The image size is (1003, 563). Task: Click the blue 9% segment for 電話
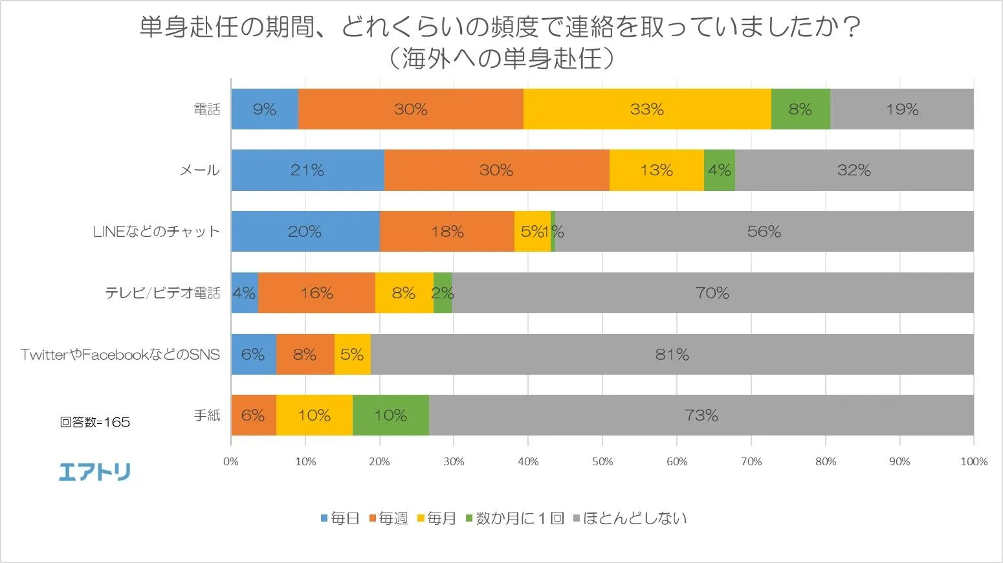point(265,109)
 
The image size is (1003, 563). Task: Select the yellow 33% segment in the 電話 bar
point(647,109)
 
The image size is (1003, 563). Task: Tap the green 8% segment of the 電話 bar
point(800,109)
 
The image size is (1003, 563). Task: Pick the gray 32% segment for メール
point(854,170)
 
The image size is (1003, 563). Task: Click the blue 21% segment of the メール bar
point(307,170)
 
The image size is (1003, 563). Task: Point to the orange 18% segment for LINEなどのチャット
point(447,232)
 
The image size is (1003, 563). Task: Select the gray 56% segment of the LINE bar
point(764,232)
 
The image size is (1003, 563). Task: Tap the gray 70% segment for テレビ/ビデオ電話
point(712,293)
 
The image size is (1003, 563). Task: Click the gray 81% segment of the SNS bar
point(672,355)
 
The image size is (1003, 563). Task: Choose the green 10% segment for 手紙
point(391,415)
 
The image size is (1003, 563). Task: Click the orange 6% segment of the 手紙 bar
point(253,415)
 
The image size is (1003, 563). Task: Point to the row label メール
point(199,170)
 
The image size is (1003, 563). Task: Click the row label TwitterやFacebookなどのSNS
point(120,355)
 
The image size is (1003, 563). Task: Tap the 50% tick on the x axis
point(602,461)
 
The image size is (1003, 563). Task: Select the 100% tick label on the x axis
point(974,461)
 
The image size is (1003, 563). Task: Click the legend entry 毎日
point(340,518)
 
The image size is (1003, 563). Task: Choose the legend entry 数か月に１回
point(515,518)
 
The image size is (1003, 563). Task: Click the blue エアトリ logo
point(94,472)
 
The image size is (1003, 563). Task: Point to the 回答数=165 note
point(95,423)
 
